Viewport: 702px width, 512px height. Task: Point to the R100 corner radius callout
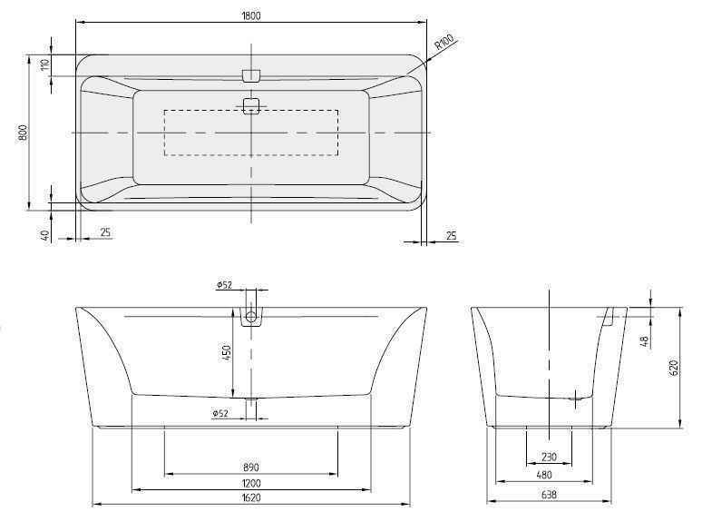click(444, 43)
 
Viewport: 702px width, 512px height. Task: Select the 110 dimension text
click(43, 65)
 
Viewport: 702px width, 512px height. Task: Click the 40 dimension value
click(43, 235)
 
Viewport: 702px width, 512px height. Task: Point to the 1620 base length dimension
click(251, 498)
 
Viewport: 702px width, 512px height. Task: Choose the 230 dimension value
click(549, 457)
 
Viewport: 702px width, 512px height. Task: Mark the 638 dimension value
click(549, 495)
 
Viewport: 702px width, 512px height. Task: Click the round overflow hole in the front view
click(251, 318)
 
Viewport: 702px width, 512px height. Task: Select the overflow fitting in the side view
click(609, 316)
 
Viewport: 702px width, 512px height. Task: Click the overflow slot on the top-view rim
click(251, 74)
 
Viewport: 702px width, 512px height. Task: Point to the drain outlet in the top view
click(251, 105)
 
